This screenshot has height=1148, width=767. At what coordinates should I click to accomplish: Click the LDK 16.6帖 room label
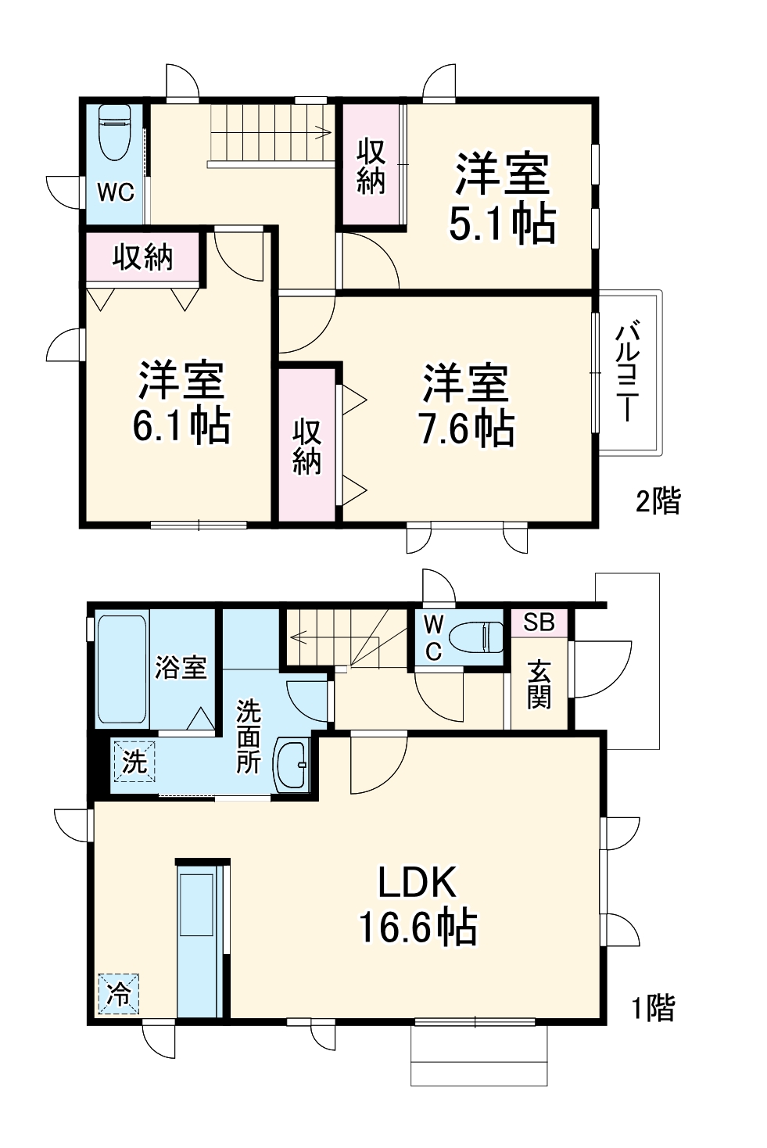coord(418,905)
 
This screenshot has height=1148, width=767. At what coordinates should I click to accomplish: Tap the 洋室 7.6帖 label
coord(466,405)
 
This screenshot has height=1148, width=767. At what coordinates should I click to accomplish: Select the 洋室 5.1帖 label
coord(503,199)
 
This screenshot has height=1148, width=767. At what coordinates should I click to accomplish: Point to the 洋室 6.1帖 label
coord(181,402)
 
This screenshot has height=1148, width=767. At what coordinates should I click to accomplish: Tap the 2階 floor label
coord(657,500)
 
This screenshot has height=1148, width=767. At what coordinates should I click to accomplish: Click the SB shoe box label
coord(539,622)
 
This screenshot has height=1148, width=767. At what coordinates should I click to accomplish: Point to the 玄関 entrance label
coord(539,683)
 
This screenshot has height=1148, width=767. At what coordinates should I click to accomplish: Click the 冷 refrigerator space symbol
coord(119,994)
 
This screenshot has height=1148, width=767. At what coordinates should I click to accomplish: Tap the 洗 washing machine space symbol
coord(134,760)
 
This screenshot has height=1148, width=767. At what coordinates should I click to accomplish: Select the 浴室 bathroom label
coord(181,667)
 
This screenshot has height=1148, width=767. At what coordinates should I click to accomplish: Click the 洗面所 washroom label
coord(249,736)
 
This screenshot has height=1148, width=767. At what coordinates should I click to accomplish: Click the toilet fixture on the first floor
coord(475,636)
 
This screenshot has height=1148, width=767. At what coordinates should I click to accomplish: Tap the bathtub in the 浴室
coord(122,669)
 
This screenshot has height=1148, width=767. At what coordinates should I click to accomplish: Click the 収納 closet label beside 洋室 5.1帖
coord(371,166)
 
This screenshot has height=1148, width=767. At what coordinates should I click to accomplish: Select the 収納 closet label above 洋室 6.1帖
coord(142,256)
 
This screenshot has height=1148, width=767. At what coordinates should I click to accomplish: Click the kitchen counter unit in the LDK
coord(199,938)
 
